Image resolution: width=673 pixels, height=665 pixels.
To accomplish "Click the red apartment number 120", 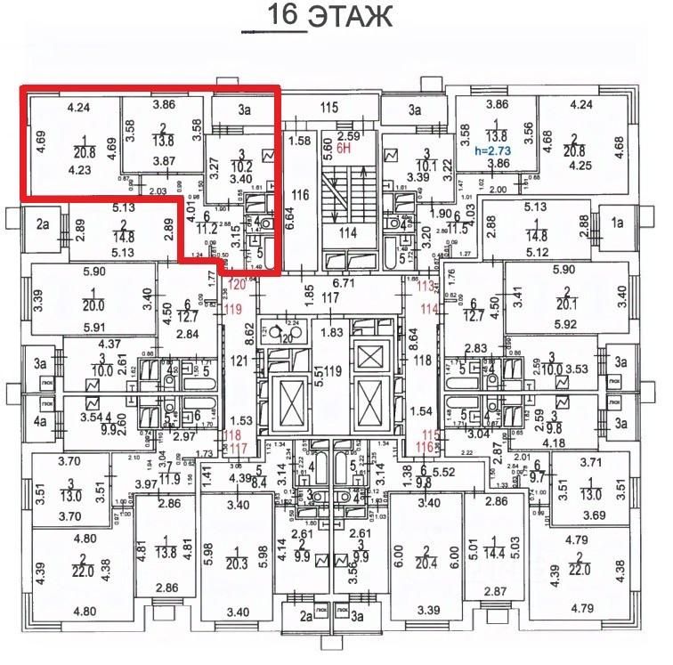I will pos(237,284).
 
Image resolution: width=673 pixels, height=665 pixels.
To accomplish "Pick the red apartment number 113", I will pos(411,286).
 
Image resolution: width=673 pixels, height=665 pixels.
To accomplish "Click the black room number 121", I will pos(239,362).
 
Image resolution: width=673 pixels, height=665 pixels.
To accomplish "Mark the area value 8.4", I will pos(258,483).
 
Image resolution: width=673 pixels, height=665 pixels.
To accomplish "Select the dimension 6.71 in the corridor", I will pos(344,282).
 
